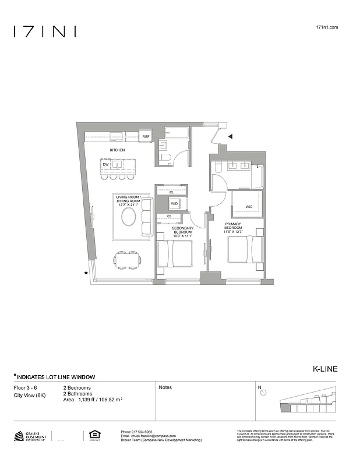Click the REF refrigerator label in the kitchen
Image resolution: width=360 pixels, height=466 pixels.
(x=146, y=137)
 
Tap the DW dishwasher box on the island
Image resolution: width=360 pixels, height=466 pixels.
(x=105, y=165)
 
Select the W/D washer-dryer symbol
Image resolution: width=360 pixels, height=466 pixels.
(x=174, y=204)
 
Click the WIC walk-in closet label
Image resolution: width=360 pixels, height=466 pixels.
(x=249, y=207)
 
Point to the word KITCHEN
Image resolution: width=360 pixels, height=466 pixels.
(x=117, y=150)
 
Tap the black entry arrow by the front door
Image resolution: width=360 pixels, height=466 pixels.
(x=231, y=137)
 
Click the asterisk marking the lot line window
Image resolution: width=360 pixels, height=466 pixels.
(x=86, y=273)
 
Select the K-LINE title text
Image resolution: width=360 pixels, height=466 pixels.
(x=326, y=369)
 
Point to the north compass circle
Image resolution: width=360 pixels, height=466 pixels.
(x=264, y=393)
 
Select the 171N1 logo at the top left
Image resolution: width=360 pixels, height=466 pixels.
(x=45, y=31)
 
